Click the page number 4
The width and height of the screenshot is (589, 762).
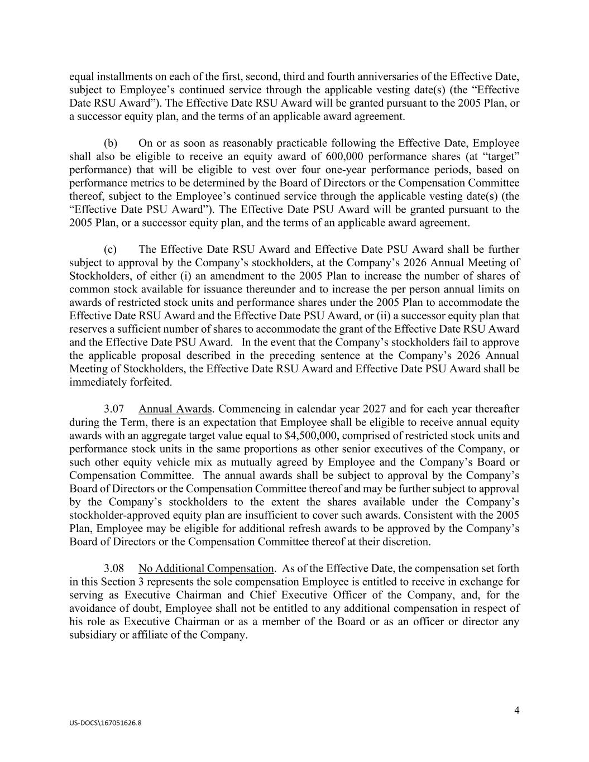click(x=516, y=710)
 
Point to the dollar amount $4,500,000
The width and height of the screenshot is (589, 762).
click(x=309, y=435)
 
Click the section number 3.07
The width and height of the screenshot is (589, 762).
click(x=114, y=409)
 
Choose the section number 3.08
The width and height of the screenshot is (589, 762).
click(x=114, y=568)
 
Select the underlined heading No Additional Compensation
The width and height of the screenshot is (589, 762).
click(x=206, y=568)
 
